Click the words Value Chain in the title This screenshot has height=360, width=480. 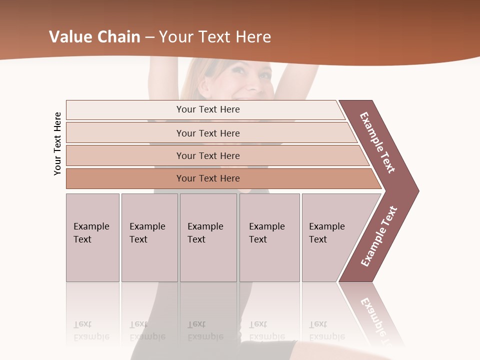pos(94,37)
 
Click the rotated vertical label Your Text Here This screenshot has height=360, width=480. pos(57,143)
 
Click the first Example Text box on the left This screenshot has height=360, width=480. pos(92,237)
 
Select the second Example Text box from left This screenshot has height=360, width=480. pos(149,237)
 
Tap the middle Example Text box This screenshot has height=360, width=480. pos(208,237)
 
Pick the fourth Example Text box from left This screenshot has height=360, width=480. pos(269,237)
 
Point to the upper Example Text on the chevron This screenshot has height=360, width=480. pos(377,142)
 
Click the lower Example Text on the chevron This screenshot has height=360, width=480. pos(379,236)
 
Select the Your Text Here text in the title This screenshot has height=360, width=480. pos(215,37)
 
